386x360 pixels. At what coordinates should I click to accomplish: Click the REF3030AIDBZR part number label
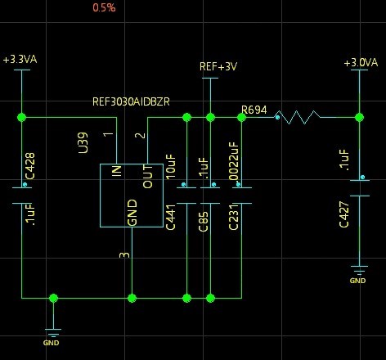131,101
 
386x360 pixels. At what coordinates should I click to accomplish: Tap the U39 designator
83,142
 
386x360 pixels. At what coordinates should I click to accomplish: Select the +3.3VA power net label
20,60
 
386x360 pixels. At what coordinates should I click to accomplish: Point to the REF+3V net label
218,66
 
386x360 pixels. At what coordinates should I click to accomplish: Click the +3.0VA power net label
361,63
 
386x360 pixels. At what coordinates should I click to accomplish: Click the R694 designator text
254,110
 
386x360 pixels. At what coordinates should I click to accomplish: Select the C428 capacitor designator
30,166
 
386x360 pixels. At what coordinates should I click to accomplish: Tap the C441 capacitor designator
171,218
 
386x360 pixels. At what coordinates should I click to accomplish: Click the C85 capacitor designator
204,222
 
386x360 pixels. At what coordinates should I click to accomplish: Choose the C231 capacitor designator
234,218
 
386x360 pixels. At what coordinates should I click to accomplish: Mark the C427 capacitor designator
344,214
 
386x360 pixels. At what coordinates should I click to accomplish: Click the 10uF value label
171,167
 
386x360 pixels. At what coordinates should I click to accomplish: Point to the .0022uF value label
234,162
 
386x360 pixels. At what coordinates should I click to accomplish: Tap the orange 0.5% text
104,7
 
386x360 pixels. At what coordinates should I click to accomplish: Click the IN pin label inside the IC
117,171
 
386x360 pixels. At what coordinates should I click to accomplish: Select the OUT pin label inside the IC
148,177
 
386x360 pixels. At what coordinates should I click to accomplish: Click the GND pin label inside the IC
132,213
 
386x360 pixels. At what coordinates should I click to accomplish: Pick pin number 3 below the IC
124,255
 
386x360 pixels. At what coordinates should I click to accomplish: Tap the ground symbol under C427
359,271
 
